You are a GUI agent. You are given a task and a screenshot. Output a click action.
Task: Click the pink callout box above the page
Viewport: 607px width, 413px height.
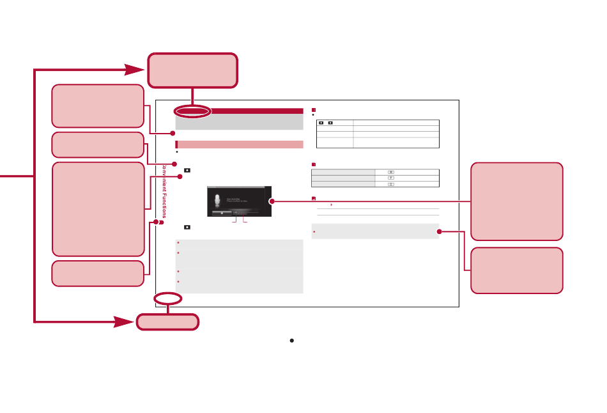(x=192, y=70)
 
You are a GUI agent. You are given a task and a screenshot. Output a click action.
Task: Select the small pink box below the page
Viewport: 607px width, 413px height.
(x=167, y=322)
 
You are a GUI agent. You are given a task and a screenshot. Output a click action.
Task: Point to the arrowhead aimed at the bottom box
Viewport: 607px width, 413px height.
(x=125, y=322)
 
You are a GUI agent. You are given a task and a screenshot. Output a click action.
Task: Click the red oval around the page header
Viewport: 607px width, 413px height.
(x=192, y=111)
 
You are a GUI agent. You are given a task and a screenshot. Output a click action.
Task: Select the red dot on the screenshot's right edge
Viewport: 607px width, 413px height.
(x=272, y=201)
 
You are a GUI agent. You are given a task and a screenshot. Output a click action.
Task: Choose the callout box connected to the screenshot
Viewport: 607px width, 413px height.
(x=517, y=201)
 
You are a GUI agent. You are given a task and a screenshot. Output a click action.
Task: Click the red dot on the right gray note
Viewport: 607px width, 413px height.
(x=439, y=231)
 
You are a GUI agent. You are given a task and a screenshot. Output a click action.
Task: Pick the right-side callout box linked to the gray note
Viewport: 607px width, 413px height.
(x=517, y=270)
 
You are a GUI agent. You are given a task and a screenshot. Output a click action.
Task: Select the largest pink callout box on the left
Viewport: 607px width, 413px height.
(x=98, y=209)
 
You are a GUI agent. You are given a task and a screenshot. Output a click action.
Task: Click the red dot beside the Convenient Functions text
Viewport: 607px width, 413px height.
(x=162, y=223)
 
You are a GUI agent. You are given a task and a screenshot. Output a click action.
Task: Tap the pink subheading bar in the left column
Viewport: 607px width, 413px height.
(x=239, y=144)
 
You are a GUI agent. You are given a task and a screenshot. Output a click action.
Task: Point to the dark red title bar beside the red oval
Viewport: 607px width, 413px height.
(x=256, y=111)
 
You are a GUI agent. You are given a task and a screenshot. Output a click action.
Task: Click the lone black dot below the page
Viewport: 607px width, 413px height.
(x=291, y=341)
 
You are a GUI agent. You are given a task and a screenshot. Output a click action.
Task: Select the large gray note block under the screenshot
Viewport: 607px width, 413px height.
(x=239, y=267)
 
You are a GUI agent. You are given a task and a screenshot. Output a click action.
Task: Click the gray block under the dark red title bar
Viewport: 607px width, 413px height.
(x=239, y=121)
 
